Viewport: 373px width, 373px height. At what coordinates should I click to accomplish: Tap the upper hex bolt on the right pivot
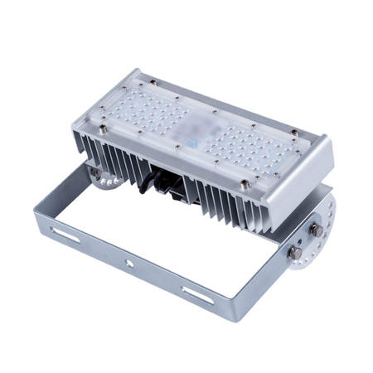315,226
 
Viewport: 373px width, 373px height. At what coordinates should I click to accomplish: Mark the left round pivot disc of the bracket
101,177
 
